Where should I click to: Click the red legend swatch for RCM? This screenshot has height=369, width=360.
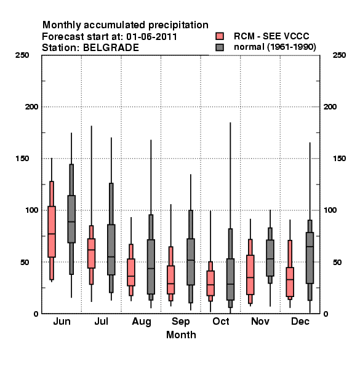pos(220,36)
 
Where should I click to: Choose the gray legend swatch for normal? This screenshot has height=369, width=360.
pos(220,47)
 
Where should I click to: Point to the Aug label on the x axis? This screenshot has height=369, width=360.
pos(142,322)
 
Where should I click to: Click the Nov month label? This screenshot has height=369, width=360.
pos(260,321)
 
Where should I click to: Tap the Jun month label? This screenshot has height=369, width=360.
pos(62,321)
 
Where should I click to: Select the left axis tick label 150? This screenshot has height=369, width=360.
pos(22,159)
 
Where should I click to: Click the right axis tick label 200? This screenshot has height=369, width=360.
pos(330,106)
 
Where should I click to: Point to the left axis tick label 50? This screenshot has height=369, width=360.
pos(25,262)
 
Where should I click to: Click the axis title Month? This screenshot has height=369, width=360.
pos(181,335)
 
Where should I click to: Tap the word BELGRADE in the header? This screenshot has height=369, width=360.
pos(111,47)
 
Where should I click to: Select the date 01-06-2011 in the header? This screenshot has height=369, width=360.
pos(151,36)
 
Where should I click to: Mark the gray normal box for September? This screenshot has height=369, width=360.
pos(191,256)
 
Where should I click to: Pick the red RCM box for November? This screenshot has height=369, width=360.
pos(250,271)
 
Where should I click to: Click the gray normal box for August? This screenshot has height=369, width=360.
pos(151,258)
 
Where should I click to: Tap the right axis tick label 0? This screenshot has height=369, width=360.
pos(326,314)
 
